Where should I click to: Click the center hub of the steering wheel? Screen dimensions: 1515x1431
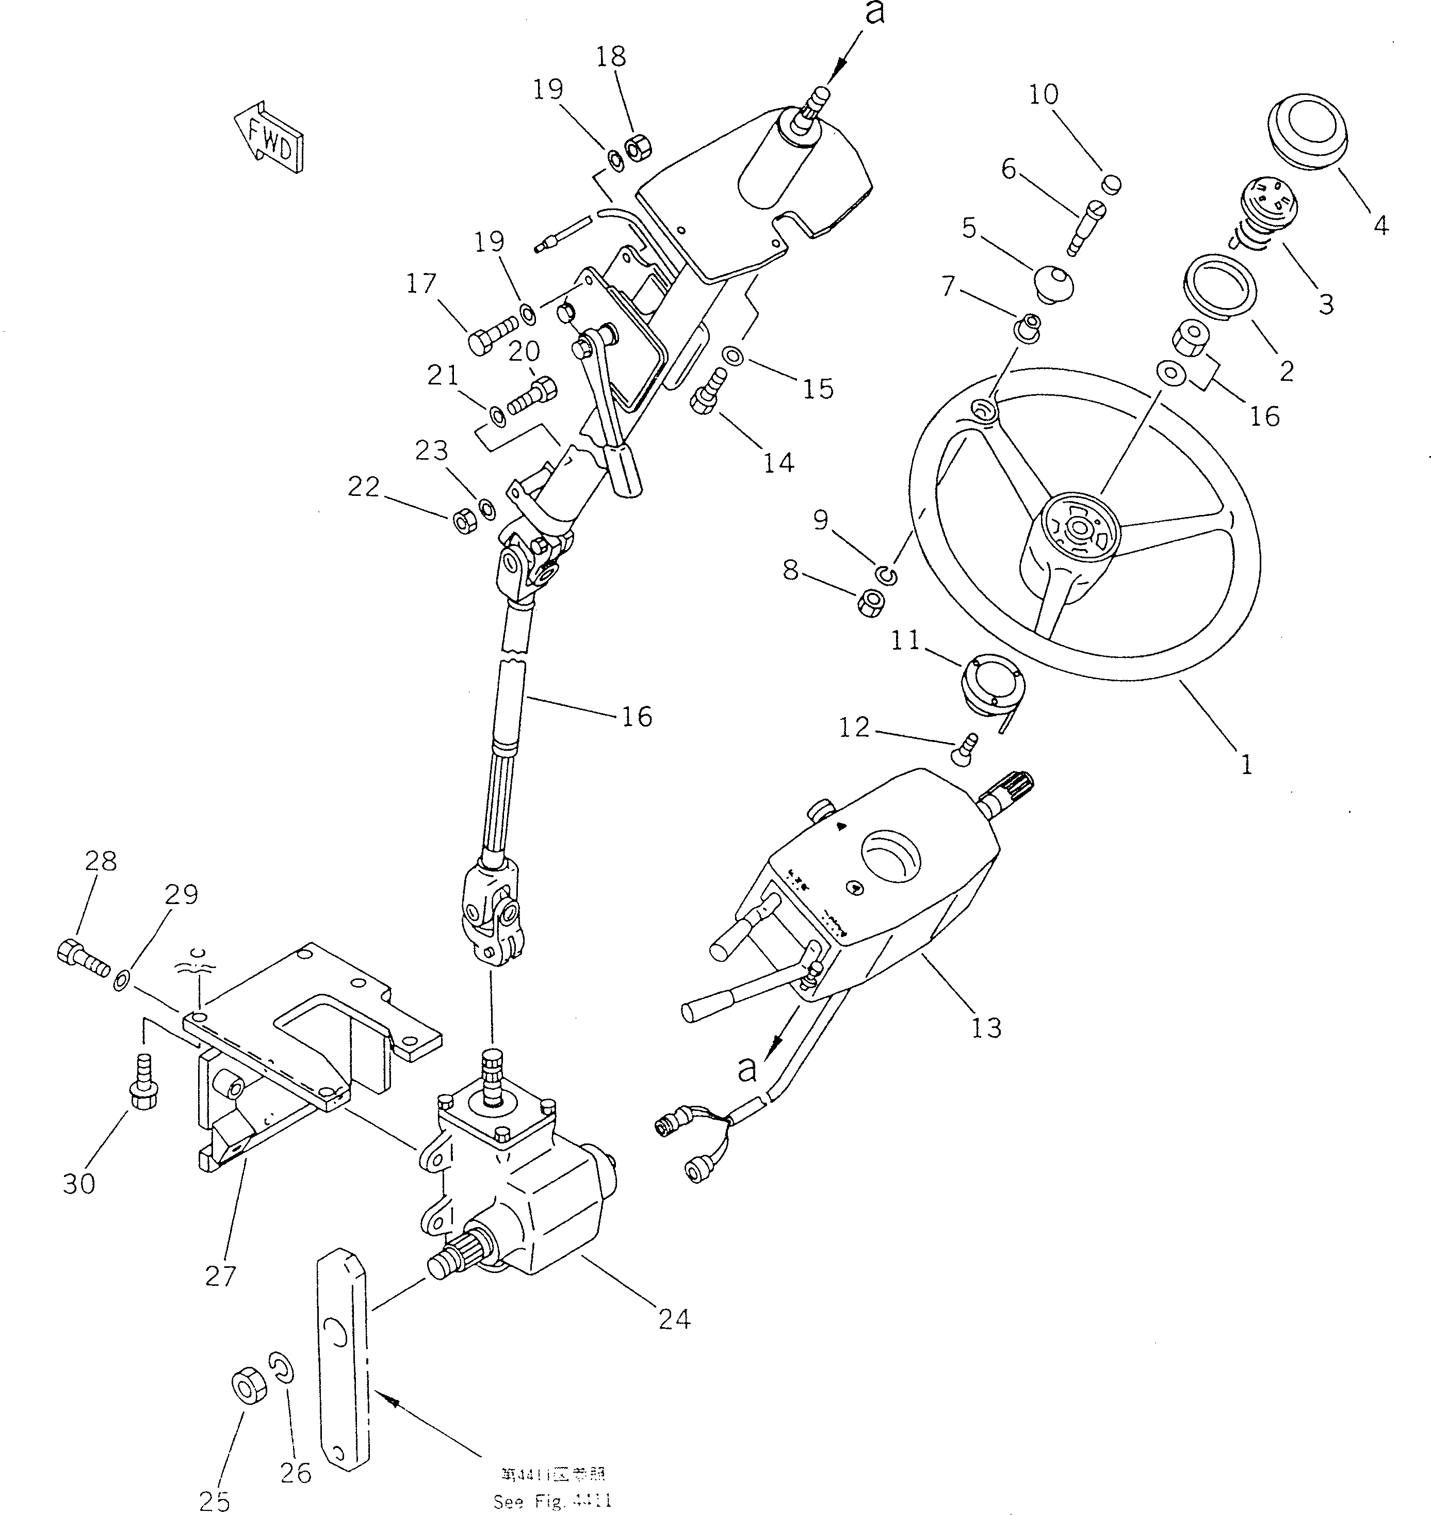point(1078,528)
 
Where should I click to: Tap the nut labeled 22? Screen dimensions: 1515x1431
point(465,521)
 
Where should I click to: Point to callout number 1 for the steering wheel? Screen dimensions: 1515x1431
point(1246,764)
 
